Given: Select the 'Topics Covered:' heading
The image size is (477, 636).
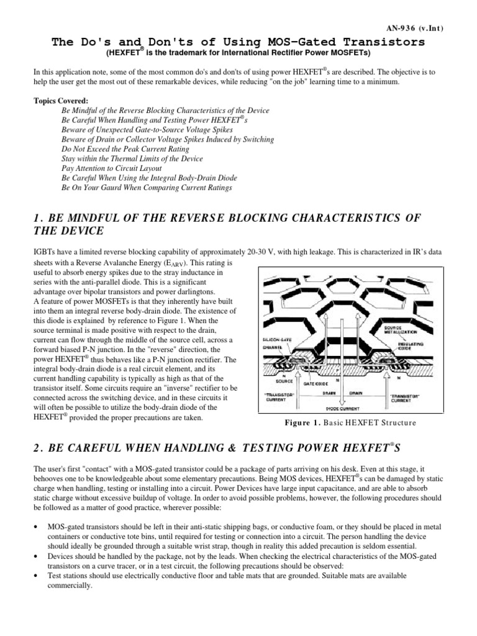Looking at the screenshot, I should click(61, 101).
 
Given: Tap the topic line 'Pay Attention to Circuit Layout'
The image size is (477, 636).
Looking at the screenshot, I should click(112, 168).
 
